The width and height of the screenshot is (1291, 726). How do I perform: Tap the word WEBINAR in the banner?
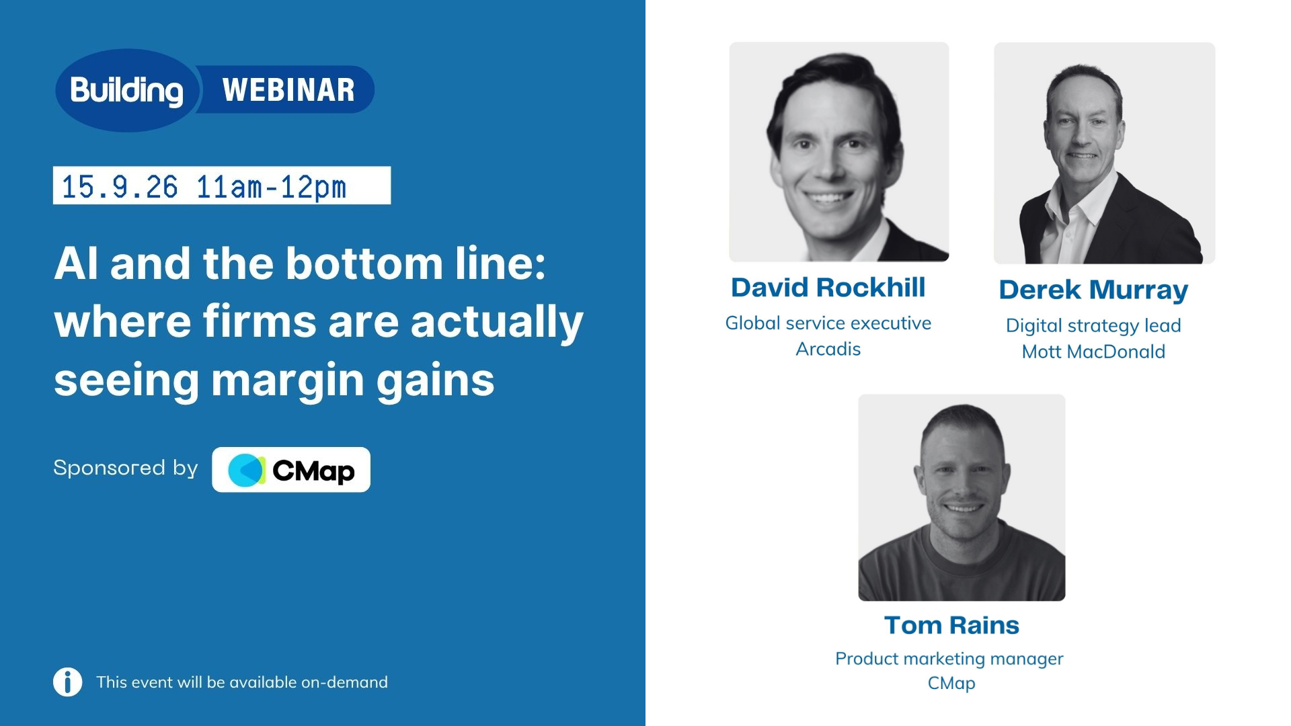click(288, 90)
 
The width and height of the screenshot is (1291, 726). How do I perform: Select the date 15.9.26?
click(120, 187)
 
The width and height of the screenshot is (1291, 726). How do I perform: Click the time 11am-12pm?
click(271, 187)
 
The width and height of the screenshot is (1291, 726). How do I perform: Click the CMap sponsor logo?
click(291, 470)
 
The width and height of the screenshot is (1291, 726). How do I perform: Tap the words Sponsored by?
click(126, 468)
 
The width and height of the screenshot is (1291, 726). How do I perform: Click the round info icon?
click(68, 682)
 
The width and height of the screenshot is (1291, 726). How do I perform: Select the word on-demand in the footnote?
click(344, 682)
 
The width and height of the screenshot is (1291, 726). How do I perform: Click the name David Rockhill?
click(828, 288)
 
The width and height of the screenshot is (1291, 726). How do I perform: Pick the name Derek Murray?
click(1093, 290)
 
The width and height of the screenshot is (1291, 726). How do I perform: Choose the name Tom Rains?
click(951, 625)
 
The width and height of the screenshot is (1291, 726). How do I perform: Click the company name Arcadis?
click(828, 349)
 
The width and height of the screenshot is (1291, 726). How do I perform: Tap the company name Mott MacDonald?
click(1093, 352)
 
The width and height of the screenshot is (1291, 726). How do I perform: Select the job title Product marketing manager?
click(949, 659)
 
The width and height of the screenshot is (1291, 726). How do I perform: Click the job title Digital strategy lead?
click(1093, 326)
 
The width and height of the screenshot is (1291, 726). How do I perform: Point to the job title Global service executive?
click(828, 323)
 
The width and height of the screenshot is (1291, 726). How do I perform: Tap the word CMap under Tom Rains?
click(951, 684)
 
